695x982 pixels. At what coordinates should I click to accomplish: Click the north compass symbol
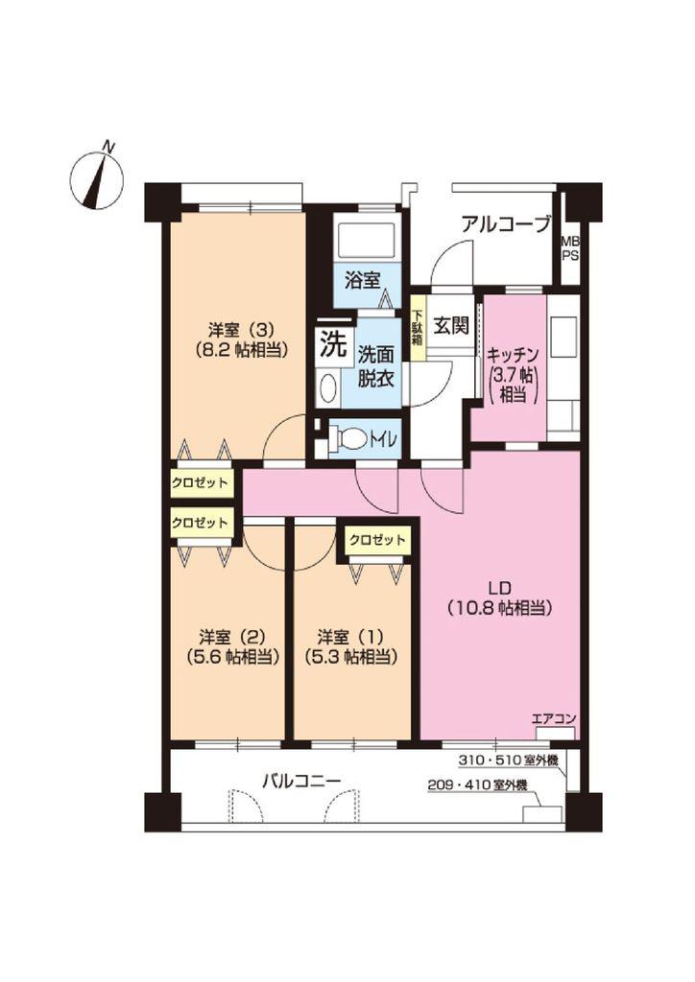(97, 177)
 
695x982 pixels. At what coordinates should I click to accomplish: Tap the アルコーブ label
(506, 223)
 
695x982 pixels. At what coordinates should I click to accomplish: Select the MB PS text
(569, 248)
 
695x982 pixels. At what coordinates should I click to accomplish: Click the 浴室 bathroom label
(363, 280)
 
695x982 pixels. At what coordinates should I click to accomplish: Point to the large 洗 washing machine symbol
(333, 343)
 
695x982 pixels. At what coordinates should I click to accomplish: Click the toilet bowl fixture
(347, 437)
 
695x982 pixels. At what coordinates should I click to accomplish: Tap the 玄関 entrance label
(452, 326)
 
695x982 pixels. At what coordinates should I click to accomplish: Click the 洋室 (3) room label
(241, 329)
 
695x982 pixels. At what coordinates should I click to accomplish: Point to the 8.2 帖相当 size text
(241, 351)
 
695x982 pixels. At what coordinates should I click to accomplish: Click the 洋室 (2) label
(232, 637)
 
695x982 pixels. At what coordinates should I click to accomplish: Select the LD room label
(500, 588)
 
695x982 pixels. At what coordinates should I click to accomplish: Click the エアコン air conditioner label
(553, 719)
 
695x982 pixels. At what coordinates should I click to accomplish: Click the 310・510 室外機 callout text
(508, 760)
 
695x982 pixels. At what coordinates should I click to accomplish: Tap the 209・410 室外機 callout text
(477, 784)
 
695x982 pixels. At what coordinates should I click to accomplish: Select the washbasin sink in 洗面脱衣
(327, 388)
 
